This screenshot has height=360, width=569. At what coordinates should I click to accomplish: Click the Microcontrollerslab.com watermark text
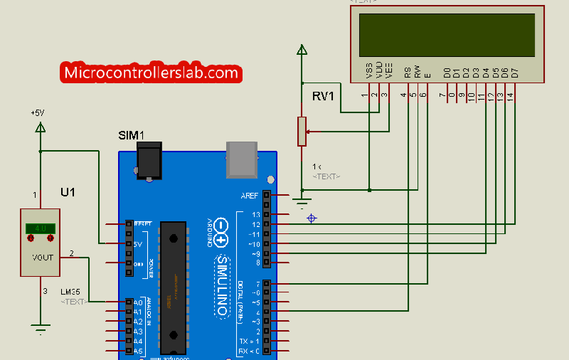pyautogui.click(x=151, y=73)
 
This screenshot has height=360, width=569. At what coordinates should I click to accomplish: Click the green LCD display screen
pyautogui.click(x=447, y=35)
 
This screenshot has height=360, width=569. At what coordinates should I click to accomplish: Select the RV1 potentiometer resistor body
pyautogui.click(x=302, y=132)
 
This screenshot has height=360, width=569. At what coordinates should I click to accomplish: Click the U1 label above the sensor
pyautogui.click(x=68, y=193)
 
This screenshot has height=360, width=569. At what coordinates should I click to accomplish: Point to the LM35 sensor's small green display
pyautogui.click(x=41, y=228)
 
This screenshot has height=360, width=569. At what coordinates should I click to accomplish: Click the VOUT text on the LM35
pyautogui.click(x=43, y=256)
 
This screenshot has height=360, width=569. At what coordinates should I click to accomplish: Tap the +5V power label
pyautogui.click(x=37, y=112)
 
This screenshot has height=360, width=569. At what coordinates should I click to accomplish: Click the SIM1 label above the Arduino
pyautogui.click(x=131, y=135)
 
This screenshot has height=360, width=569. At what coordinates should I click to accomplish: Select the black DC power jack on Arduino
pyautogui.click(x=149, y=161)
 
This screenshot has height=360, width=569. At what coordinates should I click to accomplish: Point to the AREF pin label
pyautogui.click(x=250, y=195)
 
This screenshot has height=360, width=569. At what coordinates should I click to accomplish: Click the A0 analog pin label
pyautogui.click(x=138, y=302)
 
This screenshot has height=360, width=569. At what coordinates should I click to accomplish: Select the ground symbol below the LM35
pyautogui.click(x=41, y=328)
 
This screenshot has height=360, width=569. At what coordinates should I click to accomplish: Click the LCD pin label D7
pyautogui.click(x=514, y=73)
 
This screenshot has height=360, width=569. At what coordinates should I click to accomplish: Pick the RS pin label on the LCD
pyautogui.click(x=408, y=72)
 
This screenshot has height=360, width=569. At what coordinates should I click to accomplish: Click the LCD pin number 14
pyautogui.click(x=510, y=95)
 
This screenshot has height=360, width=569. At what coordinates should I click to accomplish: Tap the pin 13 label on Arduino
pyautogui.click(x=256, y=214)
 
